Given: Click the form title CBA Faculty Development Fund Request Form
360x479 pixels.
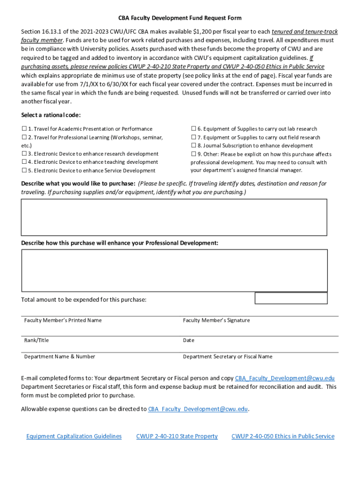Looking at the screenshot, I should coord(180,18).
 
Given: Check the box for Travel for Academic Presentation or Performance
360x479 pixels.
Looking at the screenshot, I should coord(24,129).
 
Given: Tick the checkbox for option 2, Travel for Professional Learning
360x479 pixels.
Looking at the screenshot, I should coord(24,138).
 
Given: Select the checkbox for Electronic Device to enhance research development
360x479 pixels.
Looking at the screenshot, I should coord(24,153).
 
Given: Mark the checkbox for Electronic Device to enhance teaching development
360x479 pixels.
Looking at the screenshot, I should coord(24,162).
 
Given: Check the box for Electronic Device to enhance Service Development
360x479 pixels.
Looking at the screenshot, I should coord(24,171).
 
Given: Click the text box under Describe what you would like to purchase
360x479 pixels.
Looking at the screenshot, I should coord(174,217).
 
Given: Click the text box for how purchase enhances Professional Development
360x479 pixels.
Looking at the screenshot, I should coord(174,270).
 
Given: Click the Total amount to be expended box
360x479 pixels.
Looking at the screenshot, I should coord(291,298).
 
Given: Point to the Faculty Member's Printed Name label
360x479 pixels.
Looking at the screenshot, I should coord(63,320).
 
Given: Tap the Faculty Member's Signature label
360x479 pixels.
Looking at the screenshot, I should coord(216,320).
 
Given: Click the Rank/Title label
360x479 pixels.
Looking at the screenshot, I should coord(36,340).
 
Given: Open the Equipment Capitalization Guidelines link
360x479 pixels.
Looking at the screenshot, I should coord(74,436).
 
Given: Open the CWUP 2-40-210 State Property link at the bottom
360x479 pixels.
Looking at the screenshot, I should coord(177,436).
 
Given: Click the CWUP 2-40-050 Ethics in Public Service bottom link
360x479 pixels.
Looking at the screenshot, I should coord(283,436).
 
